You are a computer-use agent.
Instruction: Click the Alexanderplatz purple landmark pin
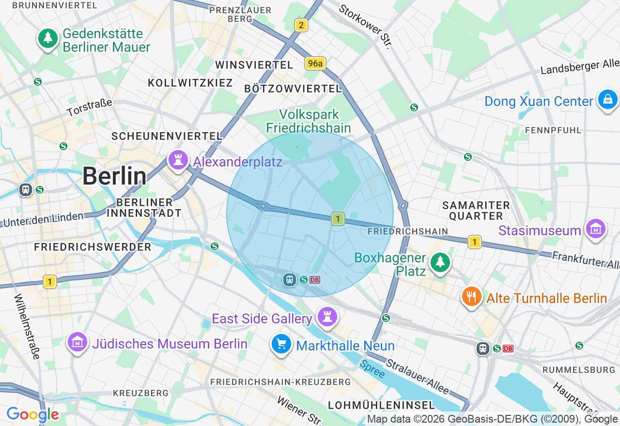[x=178, y=160]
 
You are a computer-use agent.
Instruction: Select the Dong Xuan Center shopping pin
[x=607, y=100]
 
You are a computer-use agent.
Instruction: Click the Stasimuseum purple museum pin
[x=596, y=229]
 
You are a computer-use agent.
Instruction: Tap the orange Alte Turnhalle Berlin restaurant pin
[x=471, y=296]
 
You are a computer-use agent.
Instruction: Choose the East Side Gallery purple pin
[x=327, y=318]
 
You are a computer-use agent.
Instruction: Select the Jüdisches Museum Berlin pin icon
[x=77, y=342]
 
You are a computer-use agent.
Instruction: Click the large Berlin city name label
[x=114, y=176]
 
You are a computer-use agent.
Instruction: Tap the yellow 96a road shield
[x=315, y=63]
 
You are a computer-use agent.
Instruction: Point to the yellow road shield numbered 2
[x=301, y=26]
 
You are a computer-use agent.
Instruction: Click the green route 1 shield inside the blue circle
[x=338, y=219]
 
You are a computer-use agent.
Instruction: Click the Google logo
[x=32, y=414]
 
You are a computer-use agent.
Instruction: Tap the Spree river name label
[x=372, y=369]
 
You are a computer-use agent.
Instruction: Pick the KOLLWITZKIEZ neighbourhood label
[x=190, y=83]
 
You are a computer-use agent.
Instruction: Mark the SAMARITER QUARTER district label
[x=476, y=211]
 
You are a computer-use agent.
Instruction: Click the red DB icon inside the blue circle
[x=315, y=280]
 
